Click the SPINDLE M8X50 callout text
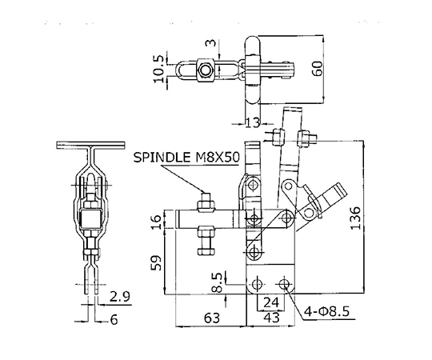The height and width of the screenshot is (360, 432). click(186, 158)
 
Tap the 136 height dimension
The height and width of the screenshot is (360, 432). click(355, 218)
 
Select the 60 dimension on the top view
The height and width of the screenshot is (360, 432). click(318, 69)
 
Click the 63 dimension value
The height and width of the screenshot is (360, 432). click(212, 318)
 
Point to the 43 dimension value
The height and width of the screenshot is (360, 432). click(271, 318)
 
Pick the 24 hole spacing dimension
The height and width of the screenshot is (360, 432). click(271, 302)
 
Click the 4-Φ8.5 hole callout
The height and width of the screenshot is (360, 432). click(326, 311)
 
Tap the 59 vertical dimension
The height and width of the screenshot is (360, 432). click(156, 262)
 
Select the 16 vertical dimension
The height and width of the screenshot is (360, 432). click(156, 222)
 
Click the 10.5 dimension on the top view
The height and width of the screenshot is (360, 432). click(159, 69)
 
